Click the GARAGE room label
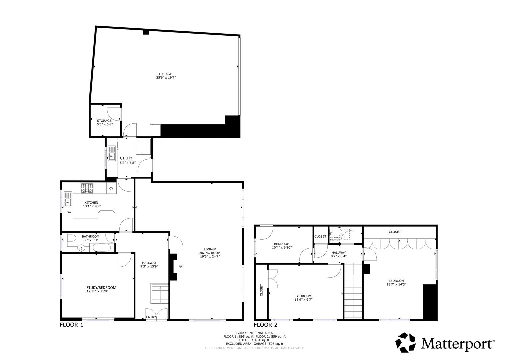165,74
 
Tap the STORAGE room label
104,121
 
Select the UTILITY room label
126,158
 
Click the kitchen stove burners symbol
87,188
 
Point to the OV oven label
111,189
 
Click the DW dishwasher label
69,212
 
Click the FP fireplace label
180,267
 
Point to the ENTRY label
151,317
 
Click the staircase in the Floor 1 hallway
160,293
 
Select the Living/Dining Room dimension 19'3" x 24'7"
210,257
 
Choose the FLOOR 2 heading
266,325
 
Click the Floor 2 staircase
353,290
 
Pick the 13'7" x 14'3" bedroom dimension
396,284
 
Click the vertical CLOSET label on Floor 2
261,290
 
